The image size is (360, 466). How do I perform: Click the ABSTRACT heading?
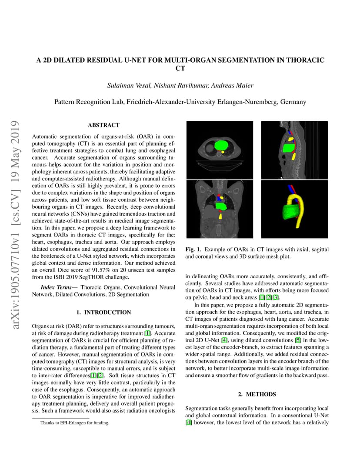click(103, 125)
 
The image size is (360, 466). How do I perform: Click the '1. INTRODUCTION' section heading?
click(103, 312)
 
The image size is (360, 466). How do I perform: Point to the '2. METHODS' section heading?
click(257, 394)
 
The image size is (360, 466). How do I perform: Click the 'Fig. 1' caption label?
click(192, 250)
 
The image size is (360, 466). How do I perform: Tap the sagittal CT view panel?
click(294, 150)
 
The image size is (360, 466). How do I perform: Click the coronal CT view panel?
click(219, 209)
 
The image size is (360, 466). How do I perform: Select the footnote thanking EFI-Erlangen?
click(75, 423)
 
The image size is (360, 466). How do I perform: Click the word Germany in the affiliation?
click(293, 102)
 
